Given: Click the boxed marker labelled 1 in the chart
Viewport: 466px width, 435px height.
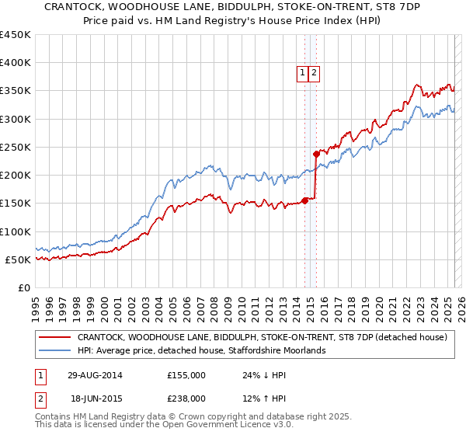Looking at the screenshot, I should (x=302, y=74).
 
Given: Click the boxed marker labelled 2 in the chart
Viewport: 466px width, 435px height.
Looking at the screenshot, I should (x=314, y=74).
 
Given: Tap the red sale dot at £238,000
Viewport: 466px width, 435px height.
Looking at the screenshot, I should (x=316, y=154).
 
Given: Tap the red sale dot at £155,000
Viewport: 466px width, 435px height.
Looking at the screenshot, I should (x=304, y=200).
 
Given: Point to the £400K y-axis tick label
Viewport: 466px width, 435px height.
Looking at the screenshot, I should (x=15, y=63).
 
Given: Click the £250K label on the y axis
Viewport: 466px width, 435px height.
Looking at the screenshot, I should (x=15, y=147).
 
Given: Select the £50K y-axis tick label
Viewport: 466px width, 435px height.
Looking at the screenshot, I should (x=18, y=259).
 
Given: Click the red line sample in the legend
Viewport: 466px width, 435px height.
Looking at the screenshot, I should (x=55, y=338).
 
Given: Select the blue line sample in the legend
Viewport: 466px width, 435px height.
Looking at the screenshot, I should (x=55, y=351).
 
